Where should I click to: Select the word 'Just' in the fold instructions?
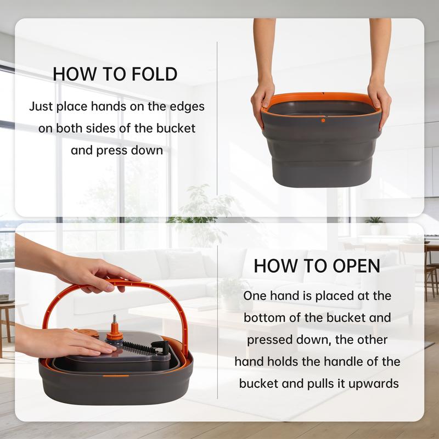point(41,106)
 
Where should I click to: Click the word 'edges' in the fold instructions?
point(186,106)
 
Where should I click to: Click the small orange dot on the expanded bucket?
point(323,119)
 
